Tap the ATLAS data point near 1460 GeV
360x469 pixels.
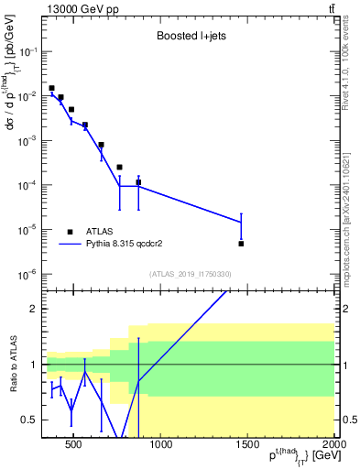(x=241, y=244)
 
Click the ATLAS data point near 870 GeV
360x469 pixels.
(x=138, y=182)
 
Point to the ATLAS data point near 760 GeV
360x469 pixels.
(x=119, y=167)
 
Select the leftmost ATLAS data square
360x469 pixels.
(x=51, y=88)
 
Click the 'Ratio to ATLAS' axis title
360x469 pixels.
(x=12, y=364)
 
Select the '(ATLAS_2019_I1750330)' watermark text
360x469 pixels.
(x=190, y=274)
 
